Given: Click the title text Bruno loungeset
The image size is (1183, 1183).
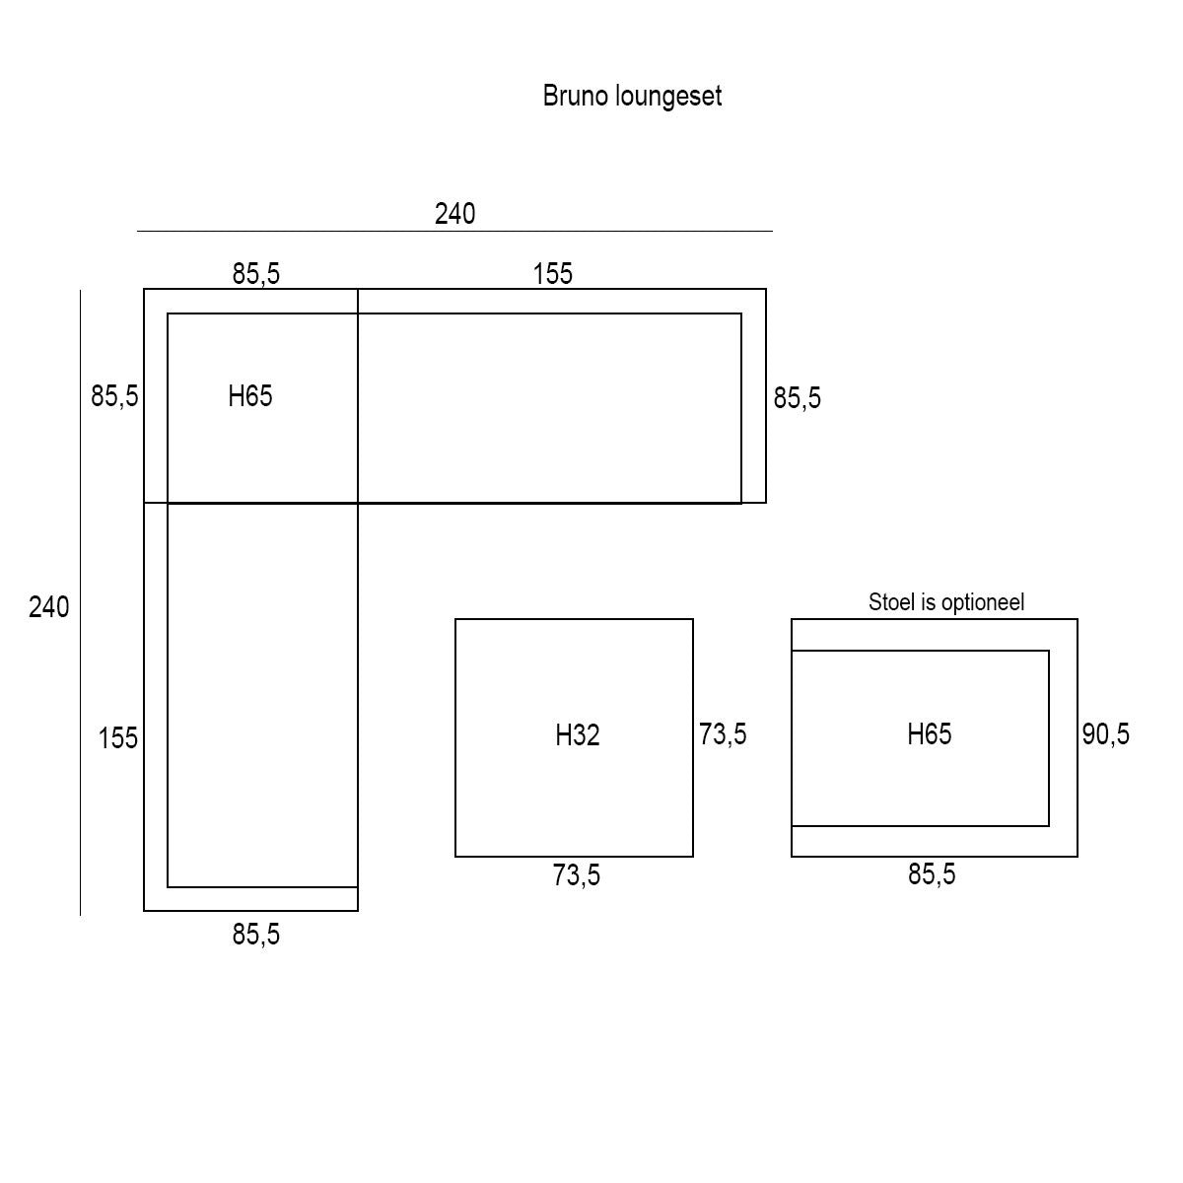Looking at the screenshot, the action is [632, 97].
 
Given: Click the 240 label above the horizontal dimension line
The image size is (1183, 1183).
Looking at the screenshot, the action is [454, 214].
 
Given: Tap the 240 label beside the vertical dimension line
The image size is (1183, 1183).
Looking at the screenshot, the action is [49, 607].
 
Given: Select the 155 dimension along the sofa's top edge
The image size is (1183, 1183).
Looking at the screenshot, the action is [552, 274].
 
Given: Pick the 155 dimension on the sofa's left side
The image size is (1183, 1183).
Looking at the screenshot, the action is [118, 738].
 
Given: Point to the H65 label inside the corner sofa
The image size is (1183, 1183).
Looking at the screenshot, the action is [249, 396].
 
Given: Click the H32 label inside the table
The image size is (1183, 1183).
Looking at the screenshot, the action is [577, 734].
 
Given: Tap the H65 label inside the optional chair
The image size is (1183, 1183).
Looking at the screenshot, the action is [929, 734].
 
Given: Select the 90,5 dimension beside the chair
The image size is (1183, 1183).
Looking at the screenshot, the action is [1105, 734].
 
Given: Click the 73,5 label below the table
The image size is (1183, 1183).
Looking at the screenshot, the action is [576, 875].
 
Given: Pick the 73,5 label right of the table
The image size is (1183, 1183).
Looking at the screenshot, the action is [723, 734].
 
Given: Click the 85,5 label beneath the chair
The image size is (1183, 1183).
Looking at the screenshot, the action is [932, 874].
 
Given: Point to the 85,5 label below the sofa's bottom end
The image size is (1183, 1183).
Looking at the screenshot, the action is [255, 935].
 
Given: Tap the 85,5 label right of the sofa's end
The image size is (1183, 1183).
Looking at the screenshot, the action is [797, 398].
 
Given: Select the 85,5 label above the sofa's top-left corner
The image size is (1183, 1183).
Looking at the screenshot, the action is [255, 274].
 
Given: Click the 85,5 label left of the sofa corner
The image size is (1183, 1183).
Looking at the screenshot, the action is [114, 396].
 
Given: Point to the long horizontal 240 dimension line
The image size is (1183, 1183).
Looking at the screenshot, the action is [454, 232].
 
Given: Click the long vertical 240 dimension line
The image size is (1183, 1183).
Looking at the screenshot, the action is [80, 603].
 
